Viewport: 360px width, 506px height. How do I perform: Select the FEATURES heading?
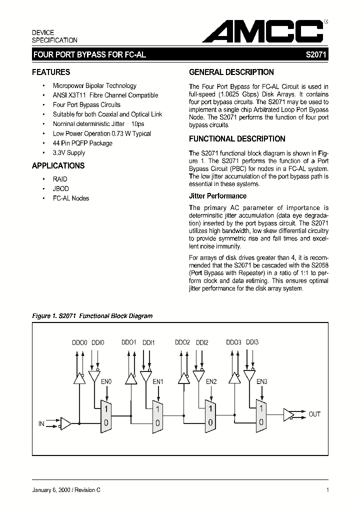pyautogui.click(x=51, y=72)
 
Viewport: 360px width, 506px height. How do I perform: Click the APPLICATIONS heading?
pyautogui.click(x=58, y=166)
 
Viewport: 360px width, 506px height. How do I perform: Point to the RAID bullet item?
pyautogui.click(x=60, y=179)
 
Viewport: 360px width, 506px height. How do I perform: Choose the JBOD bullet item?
pyautogui.click(x=60, y=188)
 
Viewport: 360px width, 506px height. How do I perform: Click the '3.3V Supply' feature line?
pyautogui.click(x=69, y=153)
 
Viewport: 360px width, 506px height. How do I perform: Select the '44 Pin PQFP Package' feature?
pyautogui.click(x=82, y=143)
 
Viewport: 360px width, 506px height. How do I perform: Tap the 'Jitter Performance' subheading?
pyautogui.click(x=217, y=196)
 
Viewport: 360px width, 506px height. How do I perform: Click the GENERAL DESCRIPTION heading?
pyautogui.click(x=231, y=72)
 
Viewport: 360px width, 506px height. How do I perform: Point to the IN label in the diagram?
pyautogui.click(x=42, y=424)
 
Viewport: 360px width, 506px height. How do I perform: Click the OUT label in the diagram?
pyautogui.click(x=314, y=414)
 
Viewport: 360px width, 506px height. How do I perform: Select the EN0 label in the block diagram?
pyautogui.click(x=106, y=382)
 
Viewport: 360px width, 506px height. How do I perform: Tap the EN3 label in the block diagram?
pyautogui.click(x=262, y=382)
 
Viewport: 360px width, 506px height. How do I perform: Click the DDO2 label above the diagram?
pyautogui.click(x=182, y=342)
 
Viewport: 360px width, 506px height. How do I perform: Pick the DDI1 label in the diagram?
pyautogui.click(x=149, y=342)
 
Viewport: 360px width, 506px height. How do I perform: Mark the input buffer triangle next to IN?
pyautogui.click(x=65, y=424)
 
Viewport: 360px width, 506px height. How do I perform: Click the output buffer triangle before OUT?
pyautogui.click(x=288, y=414)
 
